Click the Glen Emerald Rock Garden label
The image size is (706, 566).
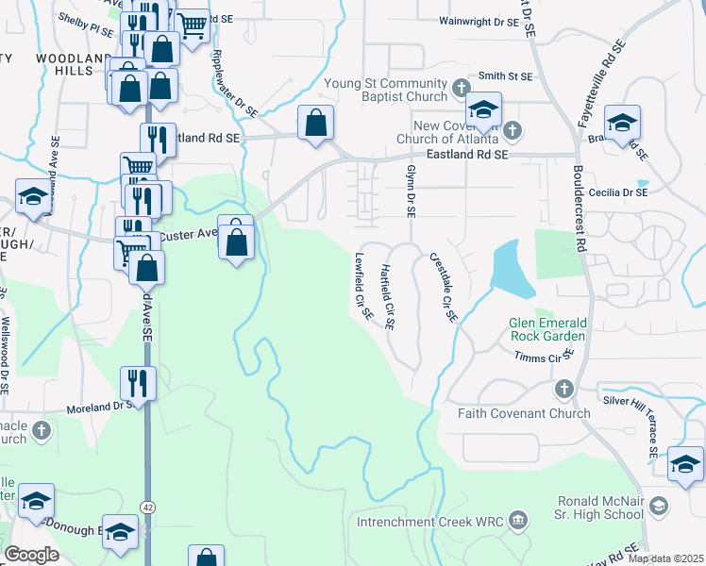click(x=548, y=328)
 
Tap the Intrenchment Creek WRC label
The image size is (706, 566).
click(x=430, y=522)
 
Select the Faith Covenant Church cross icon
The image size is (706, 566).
click(x=563, y=389)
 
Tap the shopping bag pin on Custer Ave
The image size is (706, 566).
click(x=236, y=240)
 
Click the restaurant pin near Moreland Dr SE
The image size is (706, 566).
click(x=138, y=383)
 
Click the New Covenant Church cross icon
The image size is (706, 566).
click(x=512, y=128)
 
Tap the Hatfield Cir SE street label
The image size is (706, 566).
click(x=386, y=296)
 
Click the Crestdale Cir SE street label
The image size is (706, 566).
click(x=443, y=288)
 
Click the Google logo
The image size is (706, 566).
click(x=31, y=555)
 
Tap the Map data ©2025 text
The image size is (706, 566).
click(x=664, y=558)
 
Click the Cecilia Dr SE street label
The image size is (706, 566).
click(x=617, y=191)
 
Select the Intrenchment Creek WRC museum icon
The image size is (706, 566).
click(x=516, y=521)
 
